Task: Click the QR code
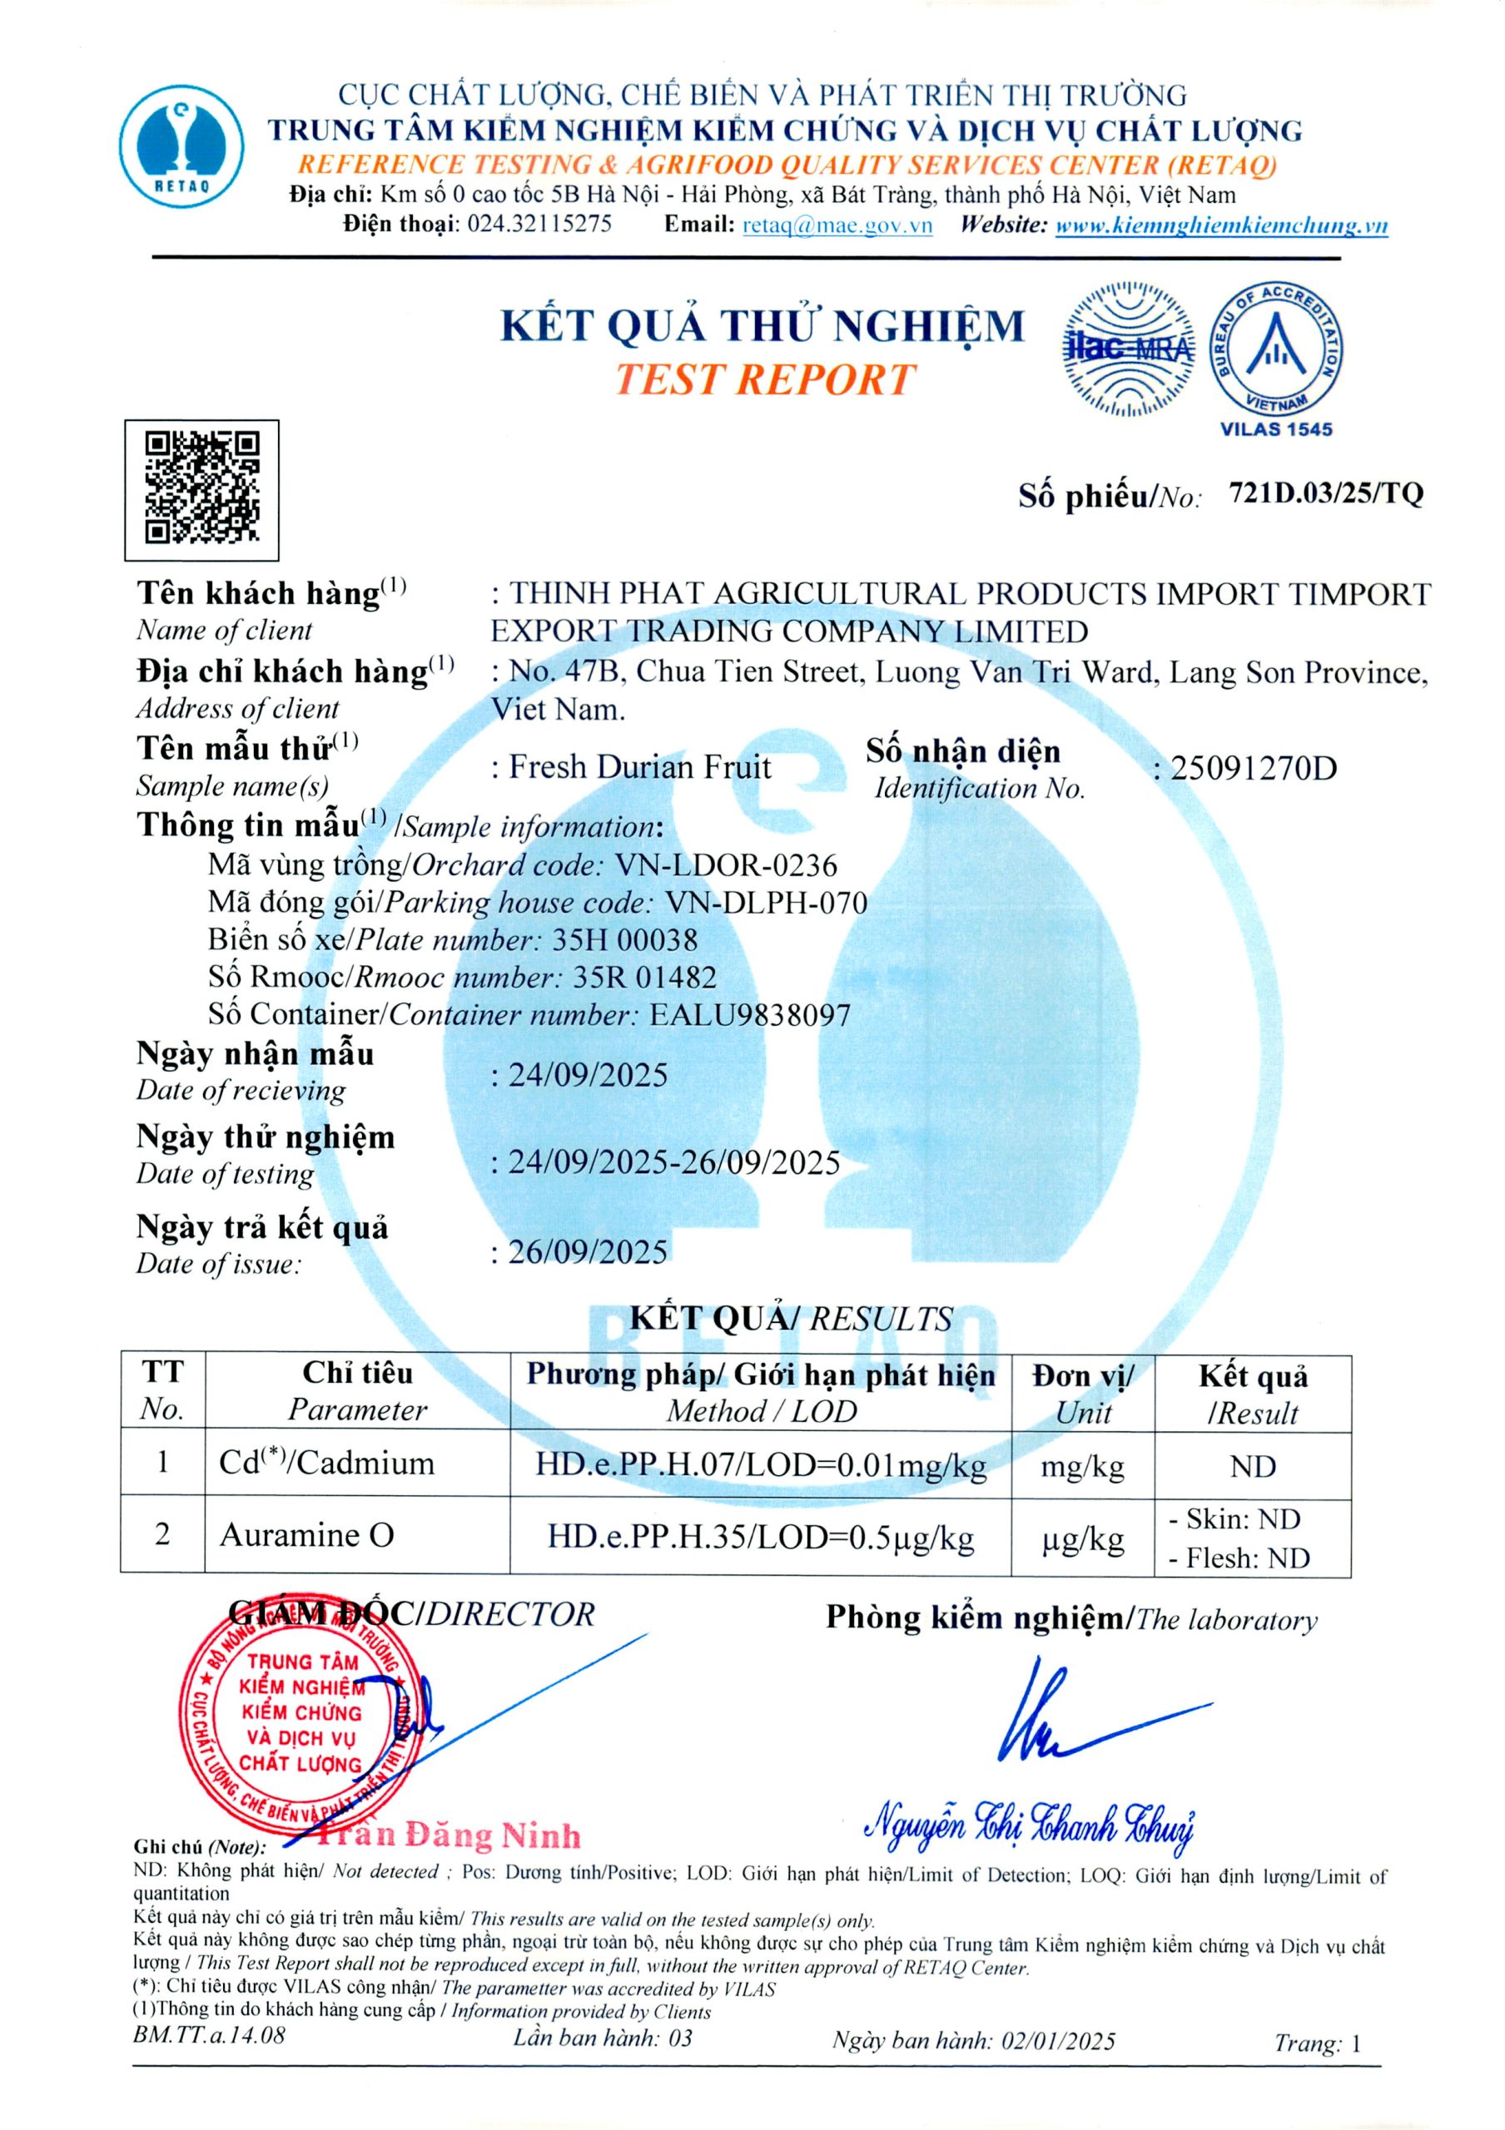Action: coord(201,490)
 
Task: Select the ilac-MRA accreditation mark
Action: coord(1127,349)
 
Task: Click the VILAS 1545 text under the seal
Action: coord(1276,429)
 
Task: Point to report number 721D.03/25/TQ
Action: coord(1325,494)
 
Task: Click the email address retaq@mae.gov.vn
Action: coord(837,225)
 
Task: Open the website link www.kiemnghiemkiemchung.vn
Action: coord(1221,225)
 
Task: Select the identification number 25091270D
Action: coord(1253,768)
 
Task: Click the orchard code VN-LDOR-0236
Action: coord(725,865)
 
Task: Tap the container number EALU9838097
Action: coord(749,1015)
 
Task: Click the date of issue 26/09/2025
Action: coord(588,1252)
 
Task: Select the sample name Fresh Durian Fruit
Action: coord(640,767)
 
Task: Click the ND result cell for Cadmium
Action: coord(1252,1466)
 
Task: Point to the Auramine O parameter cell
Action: coord(306,1535)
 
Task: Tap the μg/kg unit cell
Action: coord(1082,1539)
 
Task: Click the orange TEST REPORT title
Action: coord(763,380)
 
